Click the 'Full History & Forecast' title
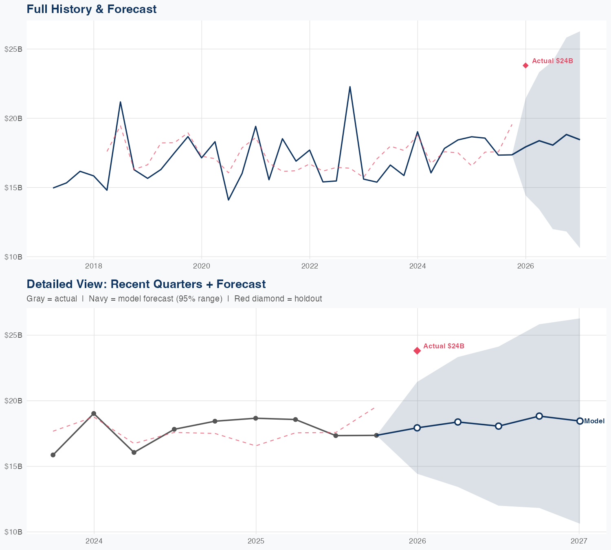(91, 9)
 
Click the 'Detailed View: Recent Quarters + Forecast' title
(146, 284)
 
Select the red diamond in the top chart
(525, 65)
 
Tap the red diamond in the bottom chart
(417, 351)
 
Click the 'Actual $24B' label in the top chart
(552, 61)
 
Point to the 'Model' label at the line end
(594, 421)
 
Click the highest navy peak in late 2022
(350, 87)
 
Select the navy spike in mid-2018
(120, 102)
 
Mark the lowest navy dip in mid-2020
(228, 200)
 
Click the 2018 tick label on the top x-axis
(94, 266)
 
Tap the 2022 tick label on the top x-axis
(310, 266)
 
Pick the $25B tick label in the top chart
(13, 49)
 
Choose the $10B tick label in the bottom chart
(13, 532)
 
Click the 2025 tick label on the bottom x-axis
(256, 541)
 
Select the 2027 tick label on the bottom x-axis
(579, 541)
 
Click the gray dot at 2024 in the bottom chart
(94, 414)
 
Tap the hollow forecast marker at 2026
(417, 427)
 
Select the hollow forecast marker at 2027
(579, 421)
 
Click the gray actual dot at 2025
(255, 418)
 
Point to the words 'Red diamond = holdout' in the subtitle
(278, 299)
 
